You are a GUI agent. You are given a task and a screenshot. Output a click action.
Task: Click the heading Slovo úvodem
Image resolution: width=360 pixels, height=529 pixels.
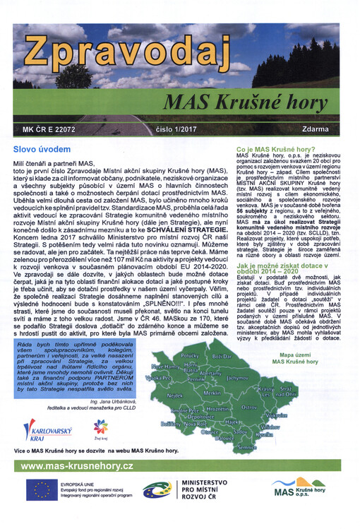point(42,150)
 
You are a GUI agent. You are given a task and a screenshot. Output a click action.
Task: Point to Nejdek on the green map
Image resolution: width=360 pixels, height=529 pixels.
point(174,396)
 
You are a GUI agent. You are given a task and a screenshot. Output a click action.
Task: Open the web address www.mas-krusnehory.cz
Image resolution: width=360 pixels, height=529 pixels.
point(77,466)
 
